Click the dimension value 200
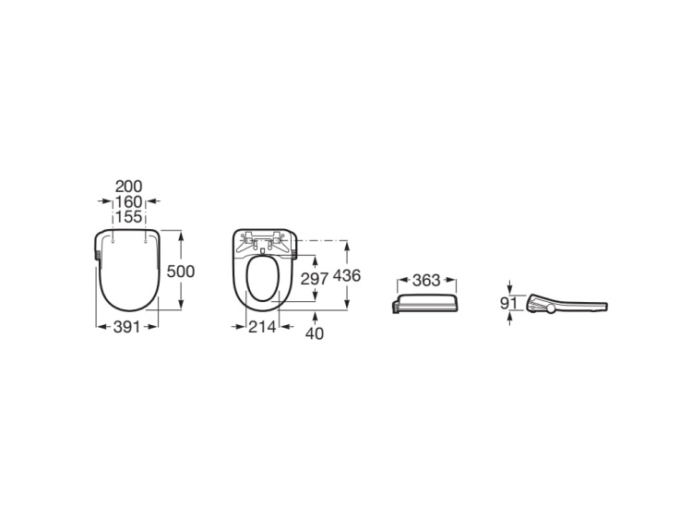pyautogui.click(x=129, y=187)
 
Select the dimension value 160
pyautogui.click(x=129, y=202)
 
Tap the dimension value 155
pyautogui.click(x=129, y=217)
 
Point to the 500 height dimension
pyautogui.click(x=181, y=272)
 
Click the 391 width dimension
pyautogui.click(x=126, y=327)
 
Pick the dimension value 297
pyautogui.click(x=315, y=278)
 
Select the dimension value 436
pyautogui.click(x=347, y=275)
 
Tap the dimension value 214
pyautogui.click(x=262, y=327)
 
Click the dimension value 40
pyautogui.click(x=315, y=333)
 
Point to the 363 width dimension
pyautogui.click(x=426, y=280)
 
